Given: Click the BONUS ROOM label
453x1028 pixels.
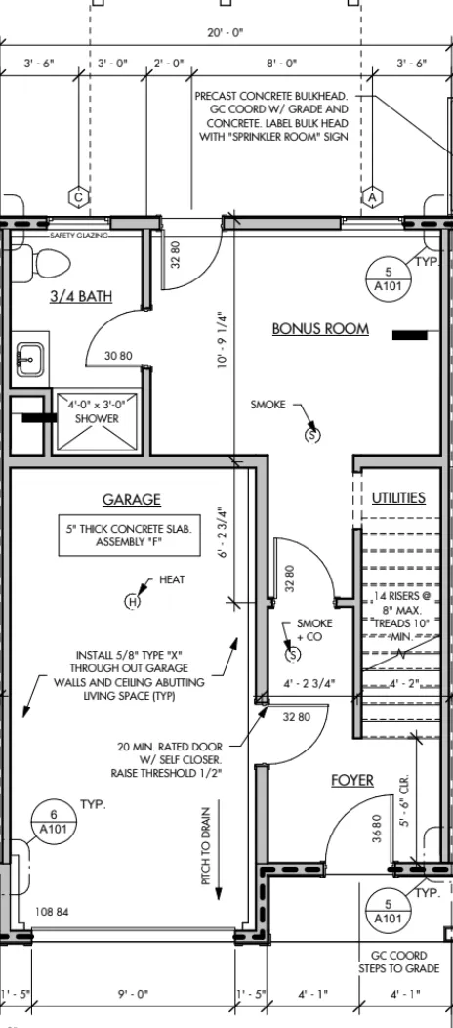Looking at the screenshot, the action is pyautogui.click(x=320, y=328).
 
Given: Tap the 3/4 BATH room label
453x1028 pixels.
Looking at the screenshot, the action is pyautogui.click(x=81, y=296).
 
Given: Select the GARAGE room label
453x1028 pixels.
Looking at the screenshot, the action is pyautogui.click(x=132, y=499).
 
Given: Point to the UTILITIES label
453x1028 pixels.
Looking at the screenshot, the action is pyautogui.click(x=398, y=497).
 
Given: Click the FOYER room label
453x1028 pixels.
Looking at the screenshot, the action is pyautogui.click(x=352, y=780).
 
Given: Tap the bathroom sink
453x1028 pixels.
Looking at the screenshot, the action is pyautogui.click(x=30, y=360).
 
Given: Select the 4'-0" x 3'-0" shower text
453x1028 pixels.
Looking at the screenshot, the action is pyautogui.click(x=97, y=411).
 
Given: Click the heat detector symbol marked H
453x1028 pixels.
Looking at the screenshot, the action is pyautogui.click(x=133, y=601).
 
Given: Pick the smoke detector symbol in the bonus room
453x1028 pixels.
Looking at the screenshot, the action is pyautogui.click(x=313, y=434).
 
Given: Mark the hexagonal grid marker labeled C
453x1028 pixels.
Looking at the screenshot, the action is pyautogui.click(x=78, y=196).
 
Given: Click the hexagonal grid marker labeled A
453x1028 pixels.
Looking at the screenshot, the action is pyautogui.click(x=373, y=196).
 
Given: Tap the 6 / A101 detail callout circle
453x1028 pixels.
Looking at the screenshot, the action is pyautogui.click(x=54, y=822).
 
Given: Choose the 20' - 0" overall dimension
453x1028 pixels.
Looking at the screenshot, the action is pyautogui.click(x=226, y=33).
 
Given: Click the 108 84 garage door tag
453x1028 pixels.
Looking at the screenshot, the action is pyautogui.click(x=52, y=912).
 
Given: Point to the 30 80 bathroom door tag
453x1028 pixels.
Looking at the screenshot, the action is pyautogui.click(x=118, y=356).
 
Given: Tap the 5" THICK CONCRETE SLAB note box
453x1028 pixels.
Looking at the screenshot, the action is pyautogui.click(x=129, y=535).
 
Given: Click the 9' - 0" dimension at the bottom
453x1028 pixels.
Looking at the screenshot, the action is pyautogui.click(x=133, y=995).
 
